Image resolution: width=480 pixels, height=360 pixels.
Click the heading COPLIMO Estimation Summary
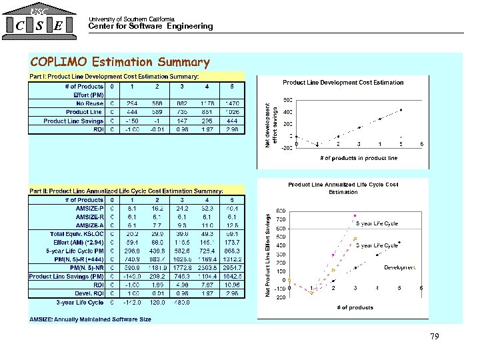pyautogui.click(x=120, y=63)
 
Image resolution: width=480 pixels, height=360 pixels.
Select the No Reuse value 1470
pyautogui.click(x=232, y=103)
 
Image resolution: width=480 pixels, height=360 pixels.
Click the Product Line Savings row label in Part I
pyautogui.click(x=73, y=121)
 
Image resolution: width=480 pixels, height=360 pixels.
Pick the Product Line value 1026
pyautogui.click(x=232, y=112)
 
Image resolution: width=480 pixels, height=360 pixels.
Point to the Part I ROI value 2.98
pyautogui.click(x=232, y=129)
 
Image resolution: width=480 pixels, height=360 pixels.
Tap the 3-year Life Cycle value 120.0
pyautogui.click(x=157, y=303)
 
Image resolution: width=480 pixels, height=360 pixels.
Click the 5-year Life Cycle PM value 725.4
pyautogui.click(x=207, y=251)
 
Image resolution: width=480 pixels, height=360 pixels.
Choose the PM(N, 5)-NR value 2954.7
pyautogui.click(x=232, y=268)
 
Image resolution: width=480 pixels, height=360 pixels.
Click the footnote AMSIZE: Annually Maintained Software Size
pyautogui.click(x=90, y=319)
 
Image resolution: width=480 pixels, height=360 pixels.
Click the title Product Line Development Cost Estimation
pyautogui.click(x=343, y=83)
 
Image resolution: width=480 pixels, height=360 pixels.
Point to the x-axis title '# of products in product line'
pyautogui.click(x=359, y=158)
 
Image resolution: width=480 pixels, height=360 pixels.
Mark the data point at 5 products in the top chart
pyautogui.click(x=401, y=109)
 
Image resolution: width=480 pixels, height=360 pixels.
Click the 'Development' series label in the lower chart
pyautogui.click(x=400, y=267)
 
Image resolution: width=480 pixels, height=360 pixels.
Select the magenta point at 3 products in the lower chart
pyautogui.click(x=355, y=215)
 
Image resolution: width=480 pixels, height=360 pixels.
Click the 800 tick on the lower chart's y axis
pyautogui.click(x=281, y=211)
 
